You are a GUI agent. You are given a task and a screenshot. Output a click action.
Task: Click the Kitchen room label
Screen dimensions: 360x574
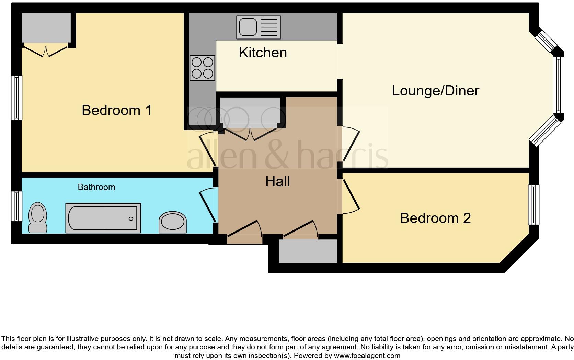pyautogui.click(x=263, y=53)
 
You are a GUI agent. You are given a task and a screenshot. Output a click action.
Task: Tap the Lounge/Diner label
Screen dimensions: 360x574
pyautogui.click(x=435, y=91)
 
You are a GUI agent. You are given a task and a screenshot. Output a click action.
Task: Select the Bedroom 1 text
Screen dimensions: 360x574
pyautogui.click(x=117, y=110)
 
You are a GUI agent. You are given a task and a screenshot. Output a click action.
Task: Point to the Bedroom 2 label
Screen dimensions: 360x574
pyautogui.click(x=435, y=218)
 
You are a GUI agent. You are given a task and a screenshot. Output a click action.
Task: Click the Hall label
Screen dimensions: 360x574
pyautogui.click(x=277, y=181)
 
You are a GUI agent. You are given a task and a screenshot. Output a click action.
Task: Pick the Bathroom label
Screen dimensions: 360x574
pyautogui.click(x=96, y=187)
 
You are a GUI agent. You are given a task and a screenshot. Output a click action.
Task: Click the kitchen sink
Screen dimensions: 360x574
pyautogui.click(x=258, y=27)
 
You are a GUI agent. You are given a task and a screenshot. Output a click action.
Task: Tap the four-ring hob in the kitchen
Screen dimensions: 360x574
pyautogui.click(x=202, y=68)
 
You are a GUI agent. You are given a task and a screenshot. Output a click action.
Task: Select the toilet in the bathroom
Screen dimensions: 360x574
pyautogui.click(x=38, y=217)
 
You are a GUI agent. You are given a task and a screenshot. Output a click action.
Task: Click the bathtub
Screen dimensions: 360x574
pyautogui.click(x=103, y=218)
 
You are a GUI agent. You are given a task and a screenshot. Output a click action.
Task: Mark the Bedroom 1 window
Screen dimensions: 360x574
pyautogui.click(x=16, y=98)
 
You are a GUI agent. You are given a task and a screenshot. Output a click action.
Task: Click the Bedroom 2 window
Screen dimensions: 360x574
pyautogui.click(x=533, y=205)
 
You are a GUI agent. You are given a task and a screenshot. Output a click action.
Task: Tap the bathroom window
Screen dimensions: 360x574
pyautogui.click(x=16, y=206)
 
